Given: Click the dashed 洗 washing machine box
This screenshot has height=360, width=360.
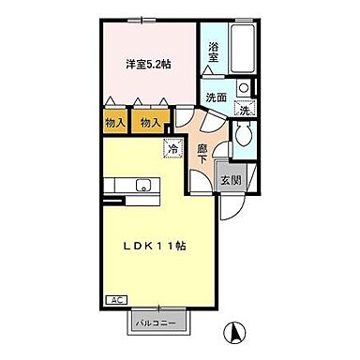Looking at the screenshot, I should click(244, 110).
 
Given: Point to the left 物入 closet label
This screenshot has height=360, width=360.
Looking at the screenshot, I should click(116, 122).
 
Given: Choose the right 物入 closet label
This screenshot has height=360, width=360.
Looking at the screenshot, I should click(150, 122).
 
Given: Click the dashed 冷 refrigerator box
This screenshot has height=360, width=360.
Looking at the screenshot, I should click(174, 147).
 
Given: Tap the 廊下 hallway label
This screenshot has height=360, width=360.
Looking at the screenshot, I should click(202, 153).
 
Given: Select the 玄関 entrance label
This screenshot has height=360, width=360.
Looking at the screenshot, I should click(231, 181).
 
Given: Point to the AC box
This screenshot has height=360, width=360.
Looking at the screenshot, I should click(118, 300).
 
